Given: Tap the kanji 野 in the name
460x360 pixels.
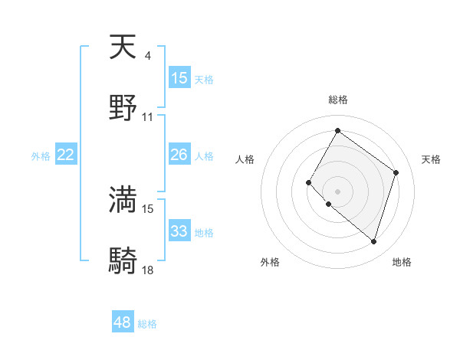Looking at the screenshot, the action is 123,108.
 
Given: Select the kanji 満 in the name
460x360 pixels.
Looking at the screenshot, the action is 123,199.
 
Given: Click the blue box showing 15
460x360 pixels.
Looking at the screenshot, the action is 179,77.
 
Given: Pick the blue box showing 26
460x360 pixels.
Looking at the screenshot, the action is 179,155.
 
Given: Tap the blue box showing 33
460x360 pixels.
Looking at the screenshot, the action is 179,231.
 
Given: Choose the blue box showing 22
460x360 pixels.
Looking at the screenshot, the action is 66,155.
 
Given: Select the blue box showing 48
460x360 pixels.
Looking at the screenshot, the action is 123,322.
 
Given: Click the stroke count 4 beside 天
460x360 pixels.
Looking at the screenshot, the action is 147,56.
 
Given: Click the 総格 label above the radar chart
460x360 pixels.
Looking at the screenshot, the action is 337,100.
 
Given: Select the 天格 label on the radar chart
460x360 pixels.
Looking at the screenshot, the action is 431,159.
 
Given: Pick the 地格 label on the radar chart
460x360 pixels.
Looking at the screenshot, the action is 402,262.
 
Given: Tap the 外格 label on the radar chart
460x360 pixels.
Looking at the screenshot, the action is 270,262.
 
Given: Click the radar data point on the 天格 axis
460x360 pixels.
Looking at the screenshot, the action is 396,172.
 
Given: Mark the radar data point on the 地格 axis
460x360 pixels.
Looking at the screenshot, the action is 373,241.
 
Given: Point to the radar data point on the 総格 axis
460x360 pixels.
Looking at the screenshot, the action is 337,131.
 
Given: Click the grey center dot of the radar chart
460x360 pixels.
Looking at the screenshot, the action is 337,191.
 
